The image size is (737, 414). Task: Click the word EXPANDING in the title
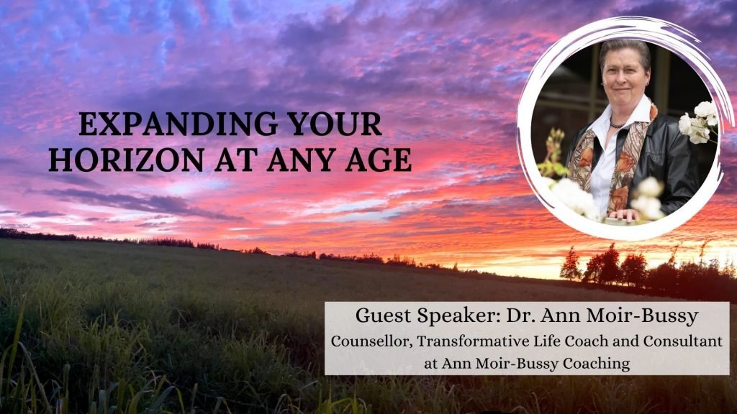coord(178,124)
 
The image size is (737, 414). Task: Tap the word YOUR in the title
coord(334,124)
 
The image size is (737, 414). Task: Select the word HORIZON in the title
coord(126,160)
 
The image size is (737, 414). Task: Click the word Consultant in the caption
coord(682,341)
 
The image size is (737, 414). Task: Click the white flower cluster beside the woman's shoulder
coord(698,122)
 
